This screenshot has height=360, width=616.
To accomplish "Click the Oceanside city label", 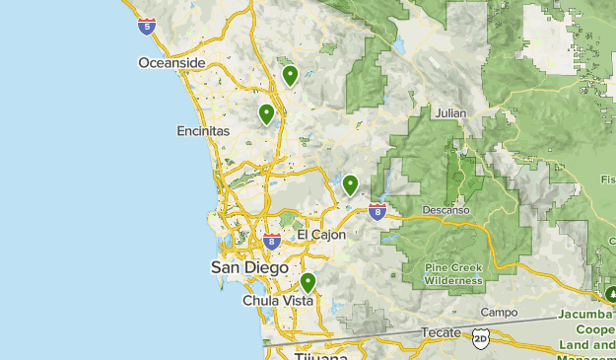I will click(x=171, y=63).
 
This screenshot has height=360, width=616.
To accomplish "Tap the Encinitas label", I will click(x=203, y=130).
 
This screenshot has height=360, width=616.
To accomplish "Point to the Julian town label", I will click(x=449, y=113).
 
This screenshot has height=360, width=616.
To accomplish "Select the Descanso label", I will click(x=446, y=210).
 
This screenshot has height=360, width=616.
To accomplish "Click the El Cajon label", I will click(x=322, y=235).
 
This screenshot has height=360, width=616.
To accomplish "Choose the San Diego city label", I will click(x=249, y=267).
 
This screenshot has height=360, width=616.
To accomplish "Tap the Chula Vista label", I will click(x=278, y=300).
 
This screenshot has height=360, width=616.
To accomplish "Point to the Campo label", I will click(x=499, y=313).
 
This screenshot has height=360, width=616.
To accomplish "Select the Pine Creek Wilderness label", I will click(x=453, y=273).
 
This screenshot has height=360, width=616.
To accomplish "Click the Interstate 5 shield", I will click(x=147, y=27).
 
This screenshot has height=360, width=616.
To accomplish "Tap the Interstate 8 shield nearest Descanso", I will click(x=376, y=210).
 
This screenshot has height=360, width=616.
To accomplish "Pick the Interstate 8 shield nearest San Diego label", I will click(x=272, y=242).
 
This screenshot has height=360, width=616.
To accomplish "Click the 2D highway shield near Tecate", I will click(x=480, y=338).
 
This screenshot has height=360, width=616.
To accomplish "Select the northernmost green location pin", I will click(x=290, y=75).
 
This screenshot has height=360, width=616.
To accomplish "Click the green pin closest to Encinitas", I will click(x=266, y=113).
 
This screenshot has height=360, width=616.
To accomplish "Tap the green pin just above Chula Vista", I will click(x=308, y=282).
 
